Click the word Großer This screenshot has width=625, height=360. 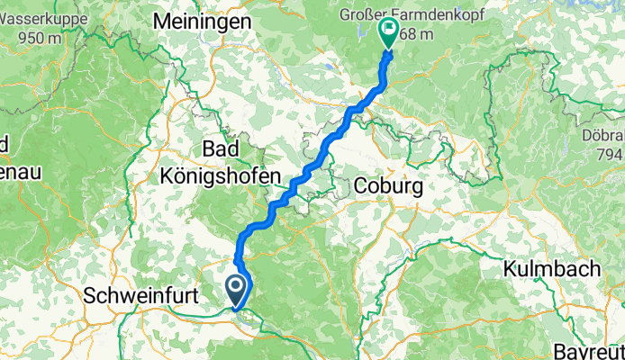(363, 15)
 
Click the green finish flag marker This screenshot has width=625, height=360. (389, 33)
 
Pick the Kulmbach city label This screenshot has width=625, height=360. (546, 269)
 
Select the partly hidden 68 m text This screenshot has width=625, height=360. (415, 34)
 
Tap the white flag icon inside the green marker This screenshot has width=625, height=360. (389, 29)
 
